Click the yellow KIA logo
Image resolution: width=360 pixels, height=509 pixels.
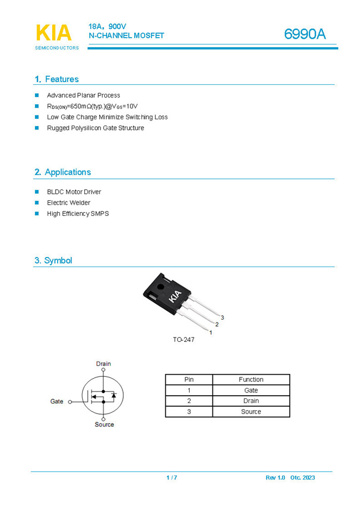click(x=54, y=33)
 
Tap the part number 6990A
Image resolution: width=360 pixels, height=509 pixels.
click(x=305, y=34)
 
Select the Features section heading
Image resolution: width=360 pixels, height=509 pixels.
click(x=57, y=79)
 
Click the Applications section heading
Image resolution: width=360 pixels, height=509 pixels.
click(x=63, y=172)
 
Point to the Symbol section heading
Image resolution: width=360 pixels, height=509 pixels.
click(x=53, y=260)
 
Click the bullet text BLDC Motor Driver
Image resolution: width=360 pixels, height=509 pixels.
click(x=74, y=192)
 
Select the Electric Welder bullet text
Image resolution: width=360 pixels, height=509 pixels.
click(x=68, y=203)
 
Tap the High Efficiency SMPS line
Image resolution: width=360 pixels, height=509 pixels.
click(x=78, y=214)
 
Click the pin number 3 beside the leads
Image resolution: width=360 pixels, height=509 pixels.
click(x=222, y=318)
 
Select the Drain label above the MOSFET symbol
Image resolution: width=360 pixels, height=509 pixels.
click(x=104, y=364)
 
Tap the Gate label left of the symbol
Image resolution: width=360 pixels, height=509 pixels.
click(x=57, y=401)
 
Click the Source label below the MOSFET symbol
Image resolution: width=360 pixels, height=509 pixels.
click(x=104, y=425)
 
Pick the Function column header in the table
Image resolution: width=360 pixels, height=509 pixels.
click(x=251, y=380)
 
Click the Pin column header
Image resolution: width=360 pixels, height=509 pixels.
click(x=189, y=380)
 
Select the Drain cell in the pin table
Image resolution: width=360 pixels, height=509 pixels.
click(x=251, y=401)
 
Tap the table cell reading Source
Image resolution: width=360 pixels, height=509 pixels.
click(x=251, y=411)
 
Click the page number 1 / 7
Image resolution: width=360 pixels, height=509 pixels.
click(x=172, y=478)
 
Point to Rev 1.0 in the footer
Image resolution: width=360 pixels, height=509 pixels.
click(x=275, y=478)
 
